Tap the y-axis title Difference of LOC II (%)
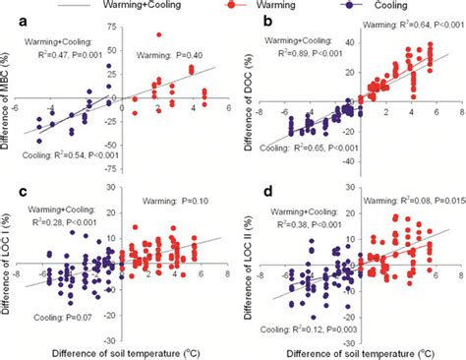(248, 266)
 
